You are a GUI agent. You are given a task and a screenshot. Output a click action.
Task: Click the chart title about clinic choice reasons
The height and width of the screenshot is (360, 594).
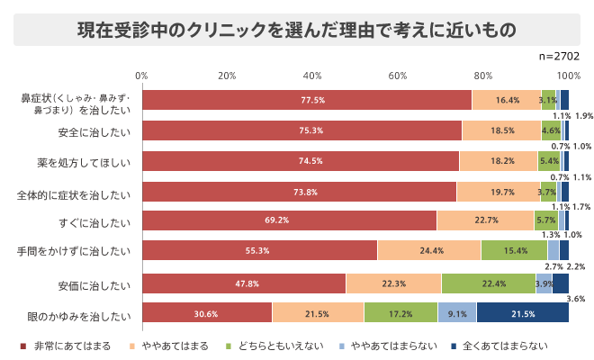coord(296,29)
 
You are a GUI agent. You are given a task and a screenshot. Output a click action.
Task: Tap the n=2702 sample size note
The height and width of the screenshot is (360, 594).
coord(558,56)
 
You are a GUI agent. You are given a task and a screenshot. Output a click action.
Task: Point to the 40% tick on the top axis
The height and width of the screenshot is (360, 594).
coord(312,75)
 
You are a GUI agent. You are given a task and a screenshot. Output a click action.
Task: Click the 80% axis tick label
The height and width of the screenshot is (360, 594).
coord(483,75)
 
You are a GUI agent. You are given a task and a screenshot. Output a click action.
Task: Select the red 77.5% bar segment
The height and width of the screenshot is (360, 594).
coord(306,100)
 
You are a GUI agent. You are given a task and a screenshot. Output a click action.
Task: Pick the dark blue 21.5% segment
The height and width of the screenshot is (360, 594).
coord(522,313)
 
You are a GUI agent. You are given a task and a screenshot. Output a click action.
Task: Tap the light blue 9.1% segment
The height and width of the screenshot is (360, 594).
coord(456,313)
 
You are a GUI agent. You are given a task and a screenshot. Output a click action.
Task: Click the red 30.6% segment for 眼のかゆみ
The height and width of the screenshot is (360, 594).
coord(207,313)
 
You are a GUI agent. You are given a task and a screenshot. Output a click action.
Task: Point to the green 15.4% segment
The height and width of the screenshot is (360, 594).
coord(514,251)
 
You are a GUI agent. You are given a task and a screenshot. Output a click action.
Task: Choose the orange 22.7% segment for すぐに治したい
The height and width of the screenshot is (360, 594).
coord(485,220)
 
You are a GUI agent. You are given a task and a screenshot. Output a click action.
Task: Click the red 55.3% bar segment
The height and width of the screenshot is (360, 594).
coord(259,251)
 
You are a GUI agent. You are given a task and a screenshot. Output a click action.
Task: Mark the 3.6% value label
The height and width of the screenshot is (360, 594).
coord(576,298)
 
